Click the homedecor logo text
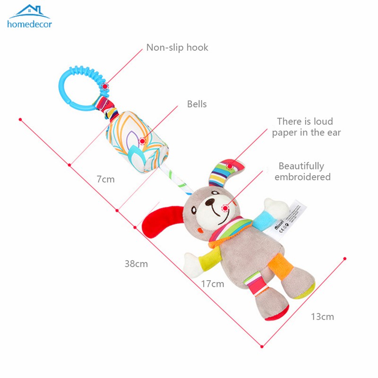29,24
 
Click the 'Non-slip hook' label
177,47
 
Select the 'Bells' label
197,104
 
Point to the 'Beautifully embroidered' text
302,172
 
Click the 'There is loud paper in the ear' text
306,127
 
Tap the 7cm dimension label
105,179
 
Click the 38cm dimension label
136,264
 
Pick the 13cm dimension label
322,317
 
